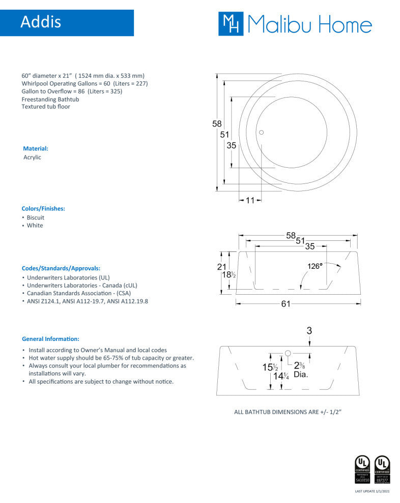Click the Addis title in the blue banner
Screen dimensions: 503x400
[41, 22]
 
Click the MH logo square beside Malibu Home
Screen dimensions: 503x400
[231, 23]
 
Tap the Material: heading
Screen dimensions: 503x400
[36, 149]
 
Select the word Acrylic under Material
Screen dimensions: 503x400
[32, 158]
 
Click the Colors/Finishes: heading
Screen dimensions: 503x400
[43, 209]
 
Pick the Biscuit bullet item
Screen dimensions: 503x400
[36, 217]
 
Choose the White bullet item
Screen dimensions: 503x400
[35, 226]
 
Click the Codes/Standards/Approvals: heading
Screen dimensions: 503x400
[61, 268]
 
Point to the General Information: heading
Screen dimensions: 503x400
[50, 339]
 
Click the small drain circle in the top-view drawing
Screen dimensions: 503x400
[262, 133]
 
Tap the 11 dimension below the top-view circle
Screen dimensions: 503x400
[249, 200]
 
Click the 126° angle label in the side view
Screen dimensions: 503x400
[315, 266]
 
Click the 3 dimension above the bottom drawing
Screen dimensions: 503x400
[309, 330]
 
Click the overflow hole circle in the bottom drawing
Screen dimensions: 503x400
[288, 353]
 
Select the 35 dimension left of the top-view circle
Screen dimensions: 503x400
[232, 145]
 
